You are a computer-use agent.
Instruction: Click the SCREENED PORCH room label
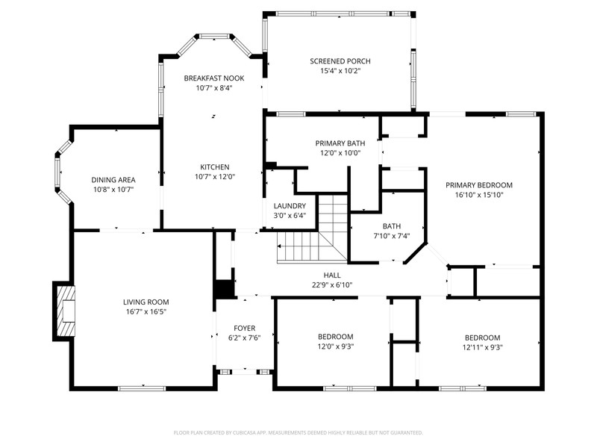[340, 61]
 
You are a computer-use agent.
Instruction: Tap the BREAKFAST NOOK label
[214, 78]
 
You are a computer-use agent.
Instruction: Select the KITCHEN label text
[215, 167]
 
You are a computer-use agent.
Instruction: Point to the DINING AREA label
[113, 180]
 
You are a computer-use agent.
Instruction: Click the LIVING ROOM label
[146, 302]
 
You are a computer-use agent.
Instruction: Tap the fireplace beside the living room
[64, 311]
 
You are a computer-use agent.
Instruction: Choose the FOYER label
[245, 328]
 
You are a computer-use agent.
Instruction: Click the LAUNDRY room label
[290, 206]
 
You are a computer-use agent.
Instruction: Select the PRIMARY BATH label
[340, 143]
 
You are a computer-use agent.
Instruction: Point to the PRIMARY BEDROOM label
[479, 185]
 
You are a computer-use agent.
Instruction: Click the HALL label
[332, 275]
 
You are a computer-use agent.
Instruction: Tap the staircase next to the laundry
[313, 228]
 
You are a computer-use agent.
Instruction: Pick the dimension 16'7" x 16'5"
[146, 311]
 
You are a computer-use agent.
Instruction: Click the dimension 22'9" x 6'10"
[332, 285]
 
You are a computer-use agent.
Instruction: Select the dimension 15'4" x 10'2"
[340, 71]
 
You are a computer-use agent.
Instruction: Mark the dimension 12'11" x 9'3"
[482, 347]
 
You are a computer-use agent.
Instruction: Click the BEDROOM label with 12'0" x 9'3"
[335, 337]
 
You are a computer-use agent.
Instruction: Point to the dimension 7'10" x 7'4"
[392, 236]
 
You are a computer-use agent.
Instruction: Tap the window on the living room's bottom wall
[142, 388]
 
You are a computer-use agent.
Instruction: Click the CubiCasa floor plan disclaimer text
[298, 433]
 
